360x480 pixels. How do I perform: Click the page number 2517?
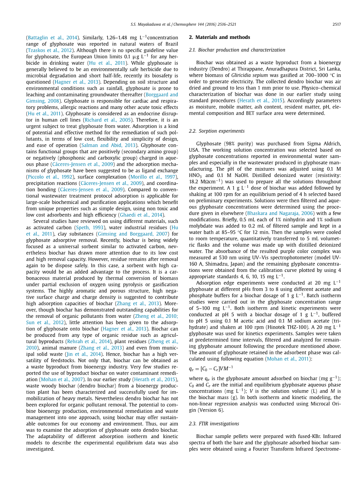click(337, 24)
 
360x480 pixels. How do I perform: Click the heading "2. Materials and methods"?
click(219, 37)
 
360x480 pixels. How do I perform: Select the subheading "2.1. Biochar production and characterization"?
click(237, 50)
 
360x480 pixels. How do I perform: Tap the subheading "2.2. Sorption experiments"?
click(216, 131)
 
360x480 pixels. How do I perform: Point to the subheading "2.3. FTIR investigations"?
click(214, 424)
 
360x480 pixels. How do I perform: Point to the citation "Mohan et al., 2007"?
click(56, 380)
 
